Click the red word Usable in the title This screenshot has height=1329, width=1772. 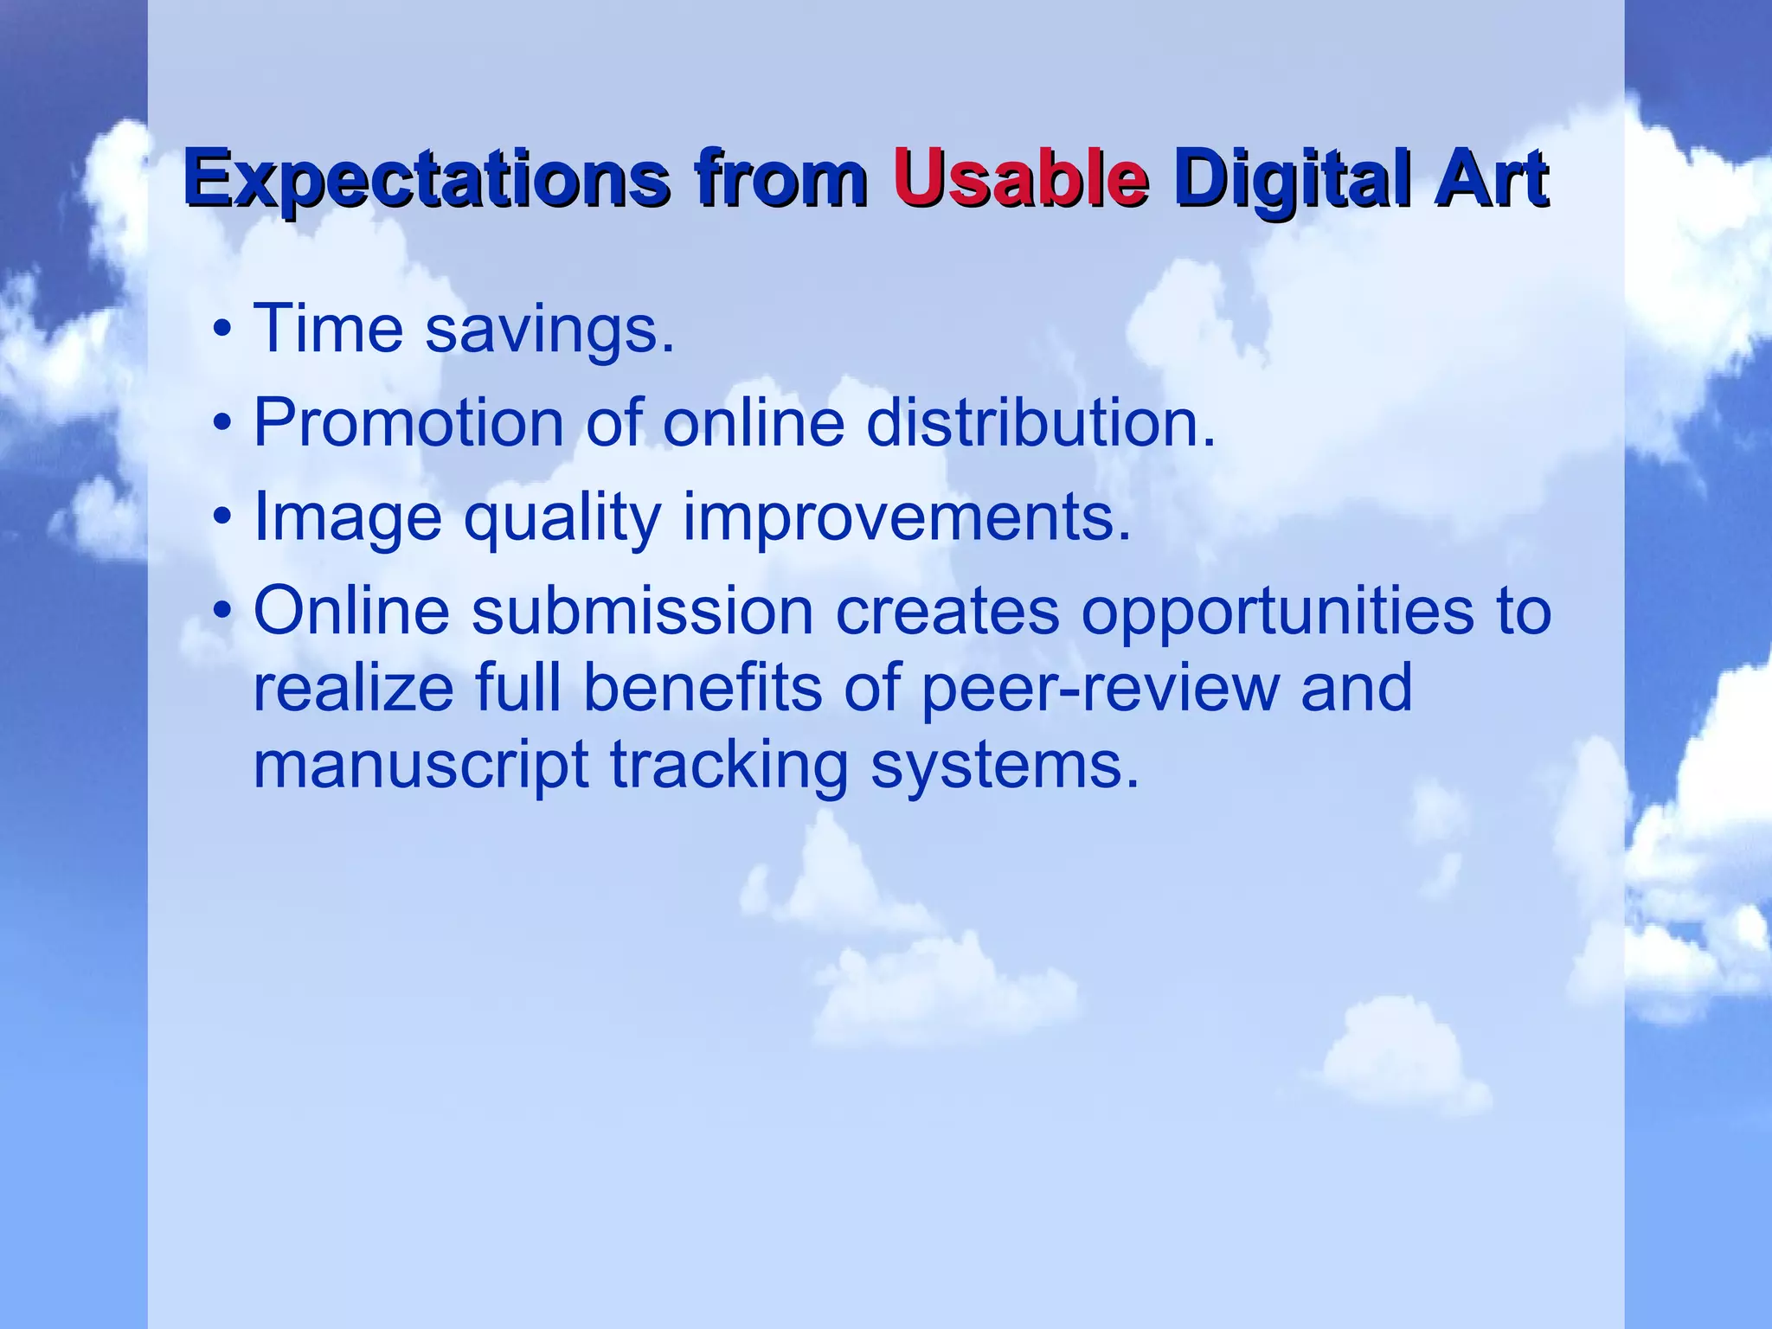tap(1021, 179)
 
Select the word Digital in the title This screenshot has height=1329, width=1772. tap(1293, 179)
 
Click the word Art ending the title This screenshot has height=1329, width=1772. tap(1490, 179)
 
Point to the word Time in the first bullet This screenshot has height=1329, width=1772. tap(328, 329)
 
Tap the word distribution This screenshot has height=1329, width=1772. tap(1041, 423)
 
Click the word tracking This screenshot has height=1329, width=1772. tap(729, 767)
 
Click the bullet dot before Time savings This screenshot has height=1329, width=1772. tap(222, 330)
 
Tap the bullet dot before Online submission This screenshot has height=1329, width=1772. tap(222, 611)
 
